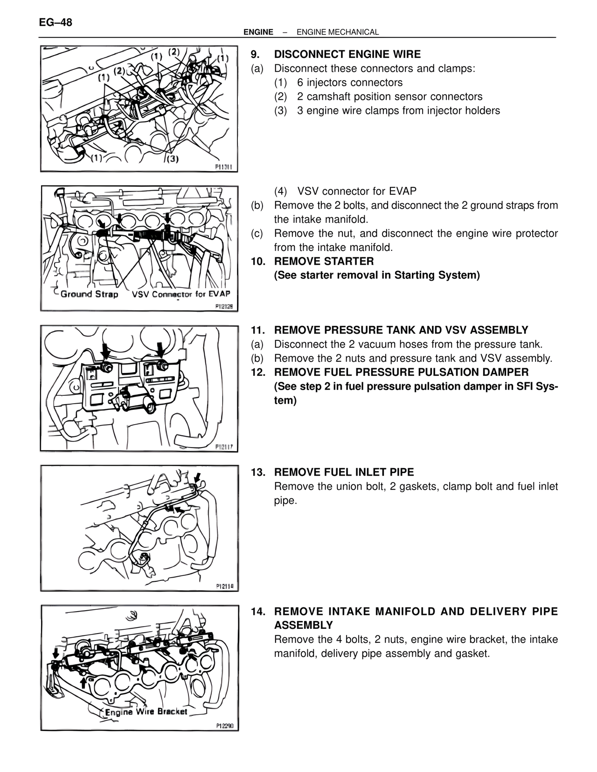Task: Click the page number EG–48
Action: click(56, 22)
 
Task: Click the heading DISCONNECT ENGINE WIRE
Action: click(347, 54)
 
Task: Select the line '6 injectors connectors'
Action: click(349, 83)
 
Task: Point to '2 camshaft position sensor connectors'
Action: click(389, 96)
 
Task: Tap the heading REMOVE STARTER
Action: click(324, 261)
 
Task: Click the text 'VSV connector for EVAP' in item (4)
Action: click(357, 191)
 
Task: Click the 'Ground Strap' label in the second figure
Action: click(89, 294)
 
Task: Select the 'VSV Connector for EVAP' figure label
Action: click(181, 294)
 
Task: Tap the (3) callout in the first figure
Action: click(173, 159)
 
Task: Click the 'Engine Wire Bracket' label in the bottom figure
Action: click(146, 712)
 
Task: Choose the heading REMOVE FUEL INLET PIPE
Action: click(344, 472)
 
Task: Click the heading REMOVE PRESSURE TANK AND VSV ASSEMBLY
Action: click(401, 330)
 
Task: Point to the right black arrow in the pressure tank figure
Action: click(160, 351)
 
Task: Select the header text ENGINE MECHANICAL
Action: click(337, 32)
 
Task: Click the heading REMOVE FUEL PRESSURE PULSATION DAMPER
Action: click(401, 372)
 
